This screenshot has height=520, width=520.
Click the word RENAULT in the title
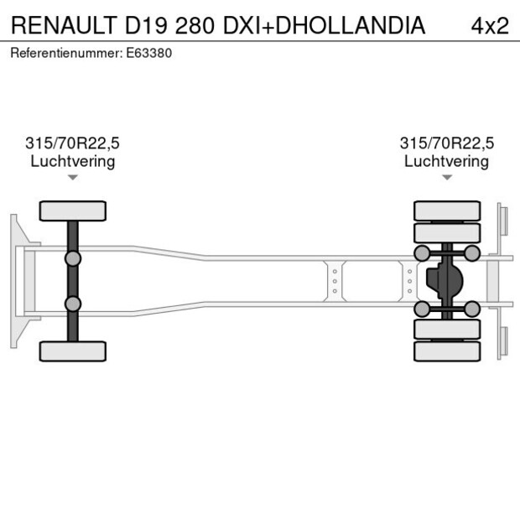(63, 25)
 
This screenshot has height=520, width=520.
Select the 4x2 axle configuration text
(490, 25)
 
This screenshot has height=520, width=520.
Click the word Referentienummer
(66, 53)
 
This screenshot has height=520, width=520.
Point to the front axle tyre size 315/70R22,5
(73, 143)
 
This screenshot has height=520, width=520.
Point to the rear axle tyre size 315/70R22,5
(446, 143)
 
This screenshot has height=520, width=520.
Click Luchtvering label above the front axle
(73, 161)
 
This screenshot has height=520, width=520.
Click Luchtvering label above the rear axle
(446, 161)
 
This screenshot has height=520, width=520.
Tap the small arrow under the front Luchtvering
(73, 177)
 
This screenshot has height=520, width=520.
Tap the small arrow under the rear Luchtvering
(446, 177)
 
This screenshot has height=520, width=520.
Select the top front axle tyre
(73, 211)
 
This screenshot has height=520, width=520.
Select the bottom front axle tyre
(73, 351)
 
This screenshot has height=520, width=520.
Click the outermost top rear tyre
(447, 211)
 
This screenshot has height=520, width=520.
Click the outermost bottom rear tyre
(447, 351)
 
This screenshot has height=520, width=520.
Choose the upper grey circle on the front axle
(73, 258)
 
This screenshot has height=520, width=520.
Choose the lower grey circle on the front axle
(73, 304)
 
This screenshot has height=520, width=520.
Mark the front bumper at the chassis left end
(15, 280)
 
